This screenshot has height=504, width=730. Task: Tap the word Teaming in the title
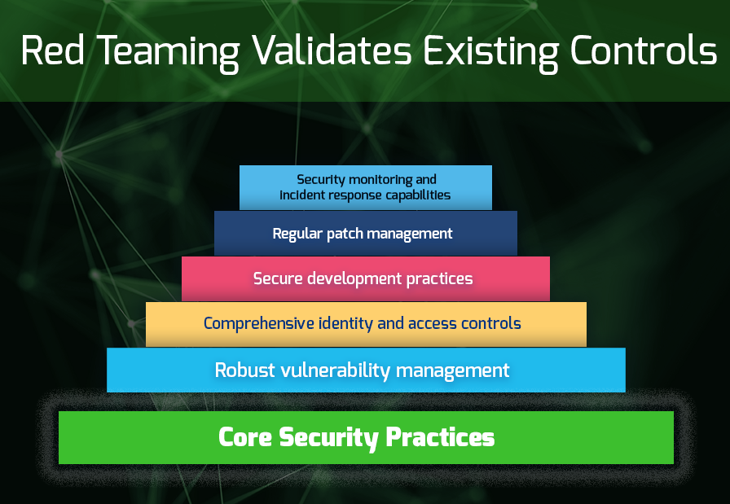tap(168, 53)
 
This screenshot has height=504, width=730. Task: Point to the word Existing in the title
tap(490, 53)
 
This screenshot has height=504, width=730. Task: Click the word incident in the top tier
tap(302, 195)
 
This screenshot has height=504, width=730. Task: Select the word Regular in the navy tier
tap(297, 234)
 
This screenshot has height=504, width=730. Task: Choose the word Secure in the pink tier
tap(278, 278)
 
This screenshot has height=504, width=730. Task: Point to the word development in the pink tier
tap(354, 279)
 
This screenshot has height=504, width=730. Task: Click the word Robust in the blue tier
tap(244, 370)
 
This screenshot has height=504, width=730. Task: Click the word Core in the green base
tap(245, 437)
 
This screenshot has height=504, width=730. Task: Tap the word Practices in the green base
tap(440, 437)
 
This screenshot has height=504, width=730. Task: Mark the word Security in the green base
tap(328, 439)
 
